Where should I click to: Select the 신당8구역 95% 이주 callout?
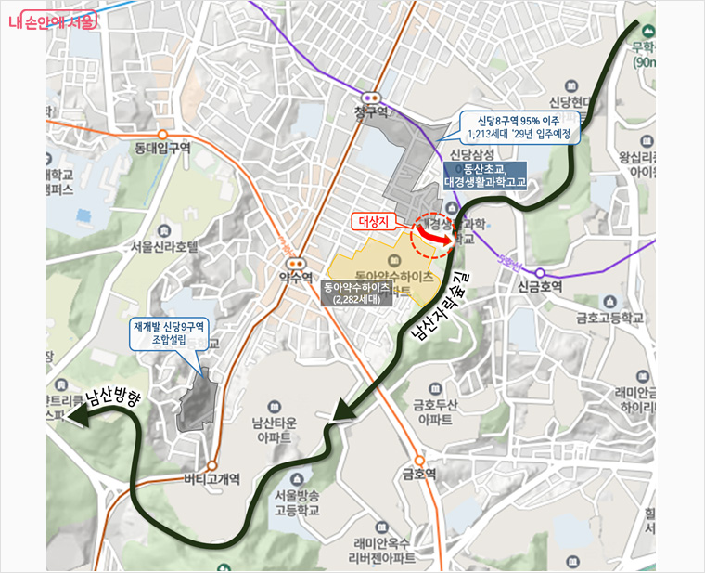point(521,127)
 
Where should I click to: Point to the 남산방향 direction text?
point(112,399)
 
